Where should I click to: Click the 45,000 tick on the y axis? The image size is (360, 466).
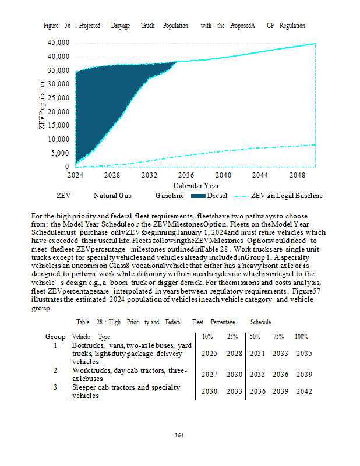(58, 43)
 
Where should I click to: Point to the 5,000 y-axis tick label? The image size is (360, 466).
(60, 153)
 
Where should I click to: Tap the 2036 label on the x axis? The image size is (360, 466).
(186, 175)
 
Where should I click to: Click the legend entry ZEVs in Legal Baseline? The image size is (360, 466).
(285, 196)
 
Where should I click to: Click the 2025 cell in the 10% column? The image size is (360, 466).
(209, 354)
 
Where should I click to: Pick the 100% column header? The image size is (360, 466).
(301, 337)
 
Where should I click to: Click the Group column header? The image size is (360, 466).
(55, 337)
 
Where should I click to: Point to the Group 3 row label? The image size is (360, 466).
(55, 387)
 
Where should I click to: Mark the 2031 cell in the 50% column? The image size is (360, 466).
(257, 354)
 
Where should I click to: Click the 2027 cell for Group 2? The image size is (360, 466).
(209, 375)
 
